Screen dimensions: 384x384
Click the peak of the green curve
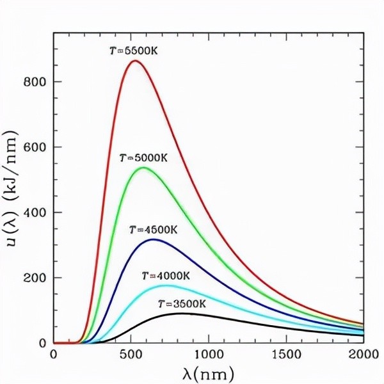coord(143,168)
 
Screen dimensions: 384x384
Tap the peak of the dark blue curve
coord(154,239)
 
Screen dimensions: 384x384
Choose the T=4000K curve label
coord(167,275)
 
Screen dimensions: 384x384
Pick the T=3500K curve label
coord(182,303)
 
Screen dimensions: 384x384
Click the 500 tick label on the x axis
coord(131,354)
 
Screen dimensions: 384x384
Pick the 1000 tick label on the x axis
coord(208,354)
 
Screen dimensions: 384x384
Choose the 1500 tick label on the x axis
coord(285,354)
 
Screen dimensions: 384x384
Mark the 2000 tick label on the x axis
coord(362,354)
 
